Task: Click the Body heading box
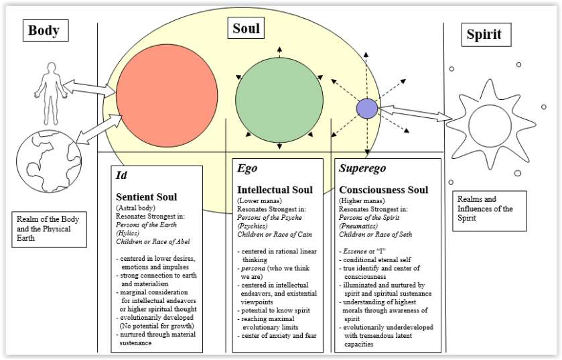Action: pos(44,31)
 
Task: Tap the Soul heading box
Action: pos(246,28)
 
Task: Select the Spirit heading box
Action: pos(482,34)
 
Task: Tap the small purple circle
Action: pos(366,108)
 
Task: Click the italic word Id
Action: pos(121,175)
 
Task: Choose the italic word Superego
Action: pos(362,168)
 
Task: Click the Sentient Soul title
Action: pos(147,198)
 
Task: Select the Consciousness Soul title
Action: pos(384,190)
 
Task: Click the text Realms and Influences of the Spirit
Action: pos(485,208)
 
